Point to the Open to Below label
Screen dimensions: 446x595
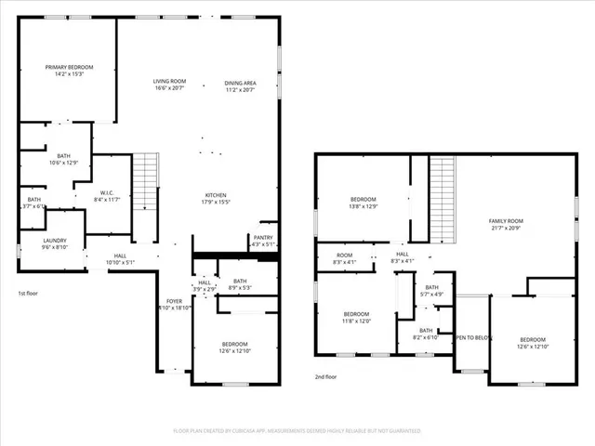[x=471, y=338]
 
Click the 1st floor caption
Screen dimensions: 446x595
[x=29, y=294]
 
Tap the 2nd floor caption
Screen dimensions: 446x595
[x=325, y=377]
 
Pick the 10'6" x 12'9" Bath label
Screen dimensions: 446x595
[x=63, y=160]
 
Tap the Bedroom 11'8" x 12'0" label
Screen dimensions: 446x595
[x=356, y=318]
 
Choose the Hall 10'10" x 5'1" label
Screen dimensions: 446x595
[x=120, y=259]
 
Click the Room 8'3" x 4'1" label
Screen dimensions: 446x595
[x=344, y=258]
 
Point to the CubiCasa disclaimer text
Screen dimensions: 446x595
[x=297, y=431]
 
